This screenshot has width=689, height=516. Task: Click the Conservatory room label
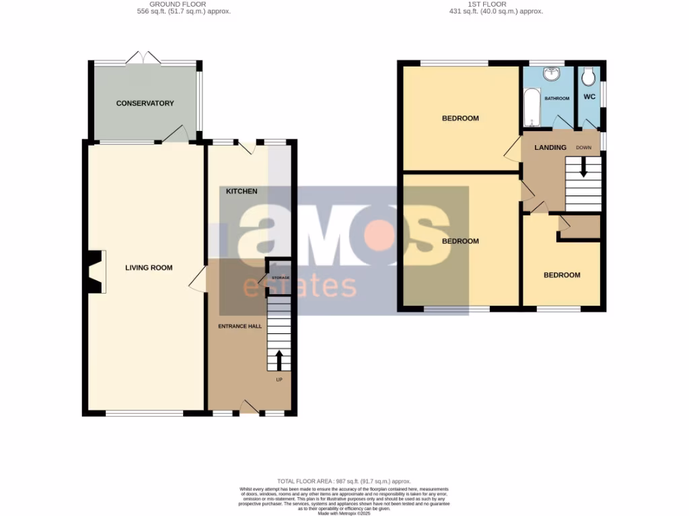(x=145, y=103)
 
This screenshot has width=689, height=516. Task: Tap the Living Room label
(x=149, y=268)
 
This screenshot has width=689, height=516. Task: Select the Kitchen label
(x=242, y=191)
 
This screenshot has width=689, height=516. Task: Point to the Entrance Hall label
(x=240, y=326)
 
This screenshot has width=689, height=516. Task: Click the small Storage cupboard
(x=279, y=277)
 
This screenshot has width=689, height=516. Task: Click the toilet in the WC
(x=589, y=78)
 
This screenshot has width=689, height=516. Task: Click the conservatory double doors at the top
(x=144, y=58)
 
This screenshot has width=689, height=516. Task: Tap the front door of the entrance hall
(x=249, y=406)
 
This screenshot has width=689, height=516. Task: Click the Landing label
(x=550, y=147)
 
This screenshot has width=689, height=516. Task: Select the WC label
(x=589, y=97)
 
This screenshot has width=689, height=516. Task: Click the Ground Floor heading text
(x=178, y=4)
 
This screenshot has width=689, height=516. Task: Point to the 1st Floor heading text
(x=487, y=4)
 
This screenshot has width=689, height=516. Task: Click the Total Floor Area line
(x=344, y=481)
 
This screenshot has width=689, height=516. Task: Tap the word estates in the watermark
(x=299, y=286)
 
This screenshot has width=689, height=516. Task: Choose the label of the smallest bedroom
(x=562, y=275)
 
